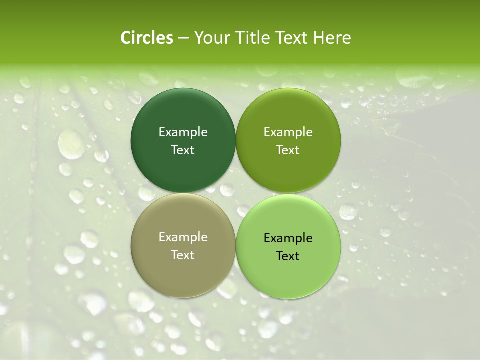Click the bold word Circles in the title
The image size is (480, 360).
tap(146, 38)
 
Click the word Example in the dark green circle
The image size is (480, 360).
tap(183, 132)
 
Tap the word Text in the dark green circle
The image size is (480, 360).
tap(183, 150)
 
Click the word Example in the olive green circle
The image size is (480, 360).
tap(288, 132)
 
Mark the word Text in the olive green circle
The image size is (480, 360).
tap(288, 150)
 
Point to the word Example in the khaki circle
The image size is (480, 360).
tap(183, 237)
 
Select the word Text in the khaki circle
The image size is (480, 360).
tap(183, 255)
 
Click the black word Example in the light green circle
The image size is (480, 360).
tap(288, 238)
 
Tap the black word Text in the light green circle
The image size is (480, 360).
tap(288, 256)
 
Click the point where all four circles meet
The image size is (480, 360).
tap(236, 193)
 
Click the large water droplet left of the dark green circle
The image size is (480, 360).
tap(70, 144)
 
